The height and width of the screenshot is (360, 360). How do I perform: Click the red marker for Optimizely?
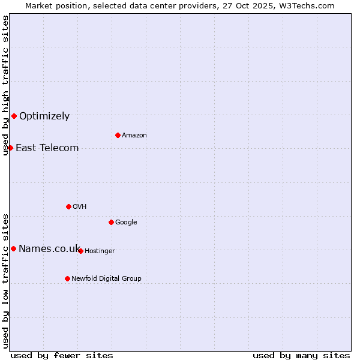[x=14, y=116]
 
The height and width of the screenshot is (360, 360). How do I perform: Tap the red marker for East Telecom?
[x=10, y=148]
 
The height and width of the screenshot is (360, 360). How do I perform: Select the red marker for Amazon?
[x=118, y=135]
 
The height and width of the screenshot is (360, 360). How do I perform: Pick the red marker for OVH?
[x=68, y=206]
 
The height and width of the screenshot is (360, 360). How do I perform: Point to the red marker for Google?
[x=111, y=222]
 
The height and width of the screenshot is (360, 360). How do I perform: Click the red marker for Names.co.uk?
[x=13, y=248]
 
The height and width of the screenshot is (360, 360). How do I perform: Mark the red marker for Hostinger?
[x=80, y=251]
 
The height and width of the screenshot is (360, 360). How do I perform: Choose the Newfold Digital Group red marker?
[x=67, y=278]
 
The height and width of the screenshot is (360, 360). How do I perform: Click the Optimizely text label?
[x=44, y=116]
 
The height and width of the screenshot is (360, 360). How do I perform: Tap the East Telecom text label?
[x=47, y=148]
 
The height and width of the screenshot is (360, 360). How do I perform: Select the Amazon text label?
[x=134, y=136]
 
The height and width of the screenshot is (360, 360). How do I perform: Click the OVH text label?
[x=80, y=207]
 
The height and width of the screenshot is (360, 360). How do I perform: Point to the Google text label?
[x=126, y=223]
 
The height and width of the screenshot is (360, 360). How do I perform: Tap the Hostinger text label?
[x=100, y=251]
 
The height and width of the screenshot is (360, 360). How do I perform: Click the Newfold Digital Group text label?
[x=106, y=279]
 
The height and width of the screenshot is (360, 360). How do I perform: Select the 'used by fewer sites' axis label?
[x=62, y=355]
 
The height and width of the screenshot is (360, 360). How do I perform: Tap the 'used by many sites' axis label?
[x=301, y=355]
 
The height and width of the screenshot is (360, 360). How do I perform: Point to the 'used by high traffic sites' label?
[x=6, y=85]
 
